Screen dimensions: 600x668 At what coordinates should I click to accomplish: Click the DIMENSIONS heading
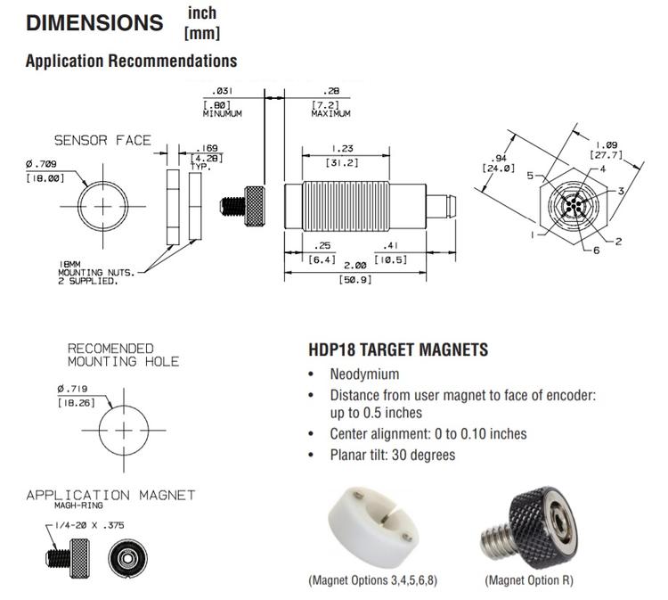[x=94, y=23]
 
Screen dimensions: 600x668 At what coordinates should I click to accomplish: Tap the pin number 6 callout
[x=596, y=251]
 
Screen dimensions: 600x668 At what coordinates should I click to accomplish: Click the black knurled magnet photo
[x=528, y=527]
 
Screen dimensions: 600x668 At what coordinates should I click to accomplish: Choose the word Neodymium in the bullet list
[x=364, y=374]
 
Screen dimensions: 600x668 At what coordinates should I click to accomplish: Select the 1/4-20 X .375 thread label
[x=87, y=527]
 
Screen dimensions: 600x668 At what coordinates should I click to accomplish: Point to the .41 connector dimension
[x=390, y=246]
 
